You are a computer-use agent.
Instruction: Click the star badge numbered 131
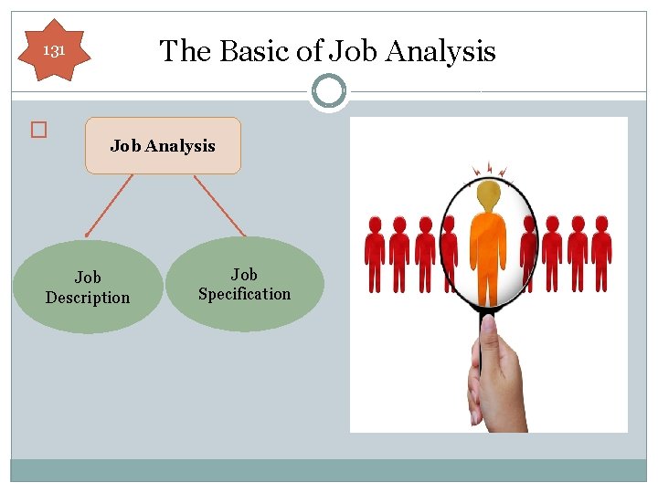[55, 51]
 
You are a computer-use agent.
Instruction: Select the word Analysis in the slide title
[440, 52]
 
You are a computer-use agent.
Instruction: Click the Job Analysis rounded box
[163, 146]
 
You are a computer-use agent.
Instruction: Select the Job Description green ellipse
[88, 287]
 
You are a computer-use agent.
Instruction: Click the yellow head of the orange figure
[489, 194]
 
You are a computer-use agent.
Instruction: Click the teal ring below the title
[328, 90]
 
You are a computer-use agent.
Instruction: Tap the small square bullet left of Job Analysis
[37, 131]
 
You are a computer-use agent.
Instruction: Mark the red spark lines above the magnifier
[488, 169]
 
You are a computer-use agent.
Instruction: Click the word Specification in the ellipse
[244, 294]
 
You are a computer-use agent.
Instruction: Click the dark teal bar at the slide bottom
[329, 469]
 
